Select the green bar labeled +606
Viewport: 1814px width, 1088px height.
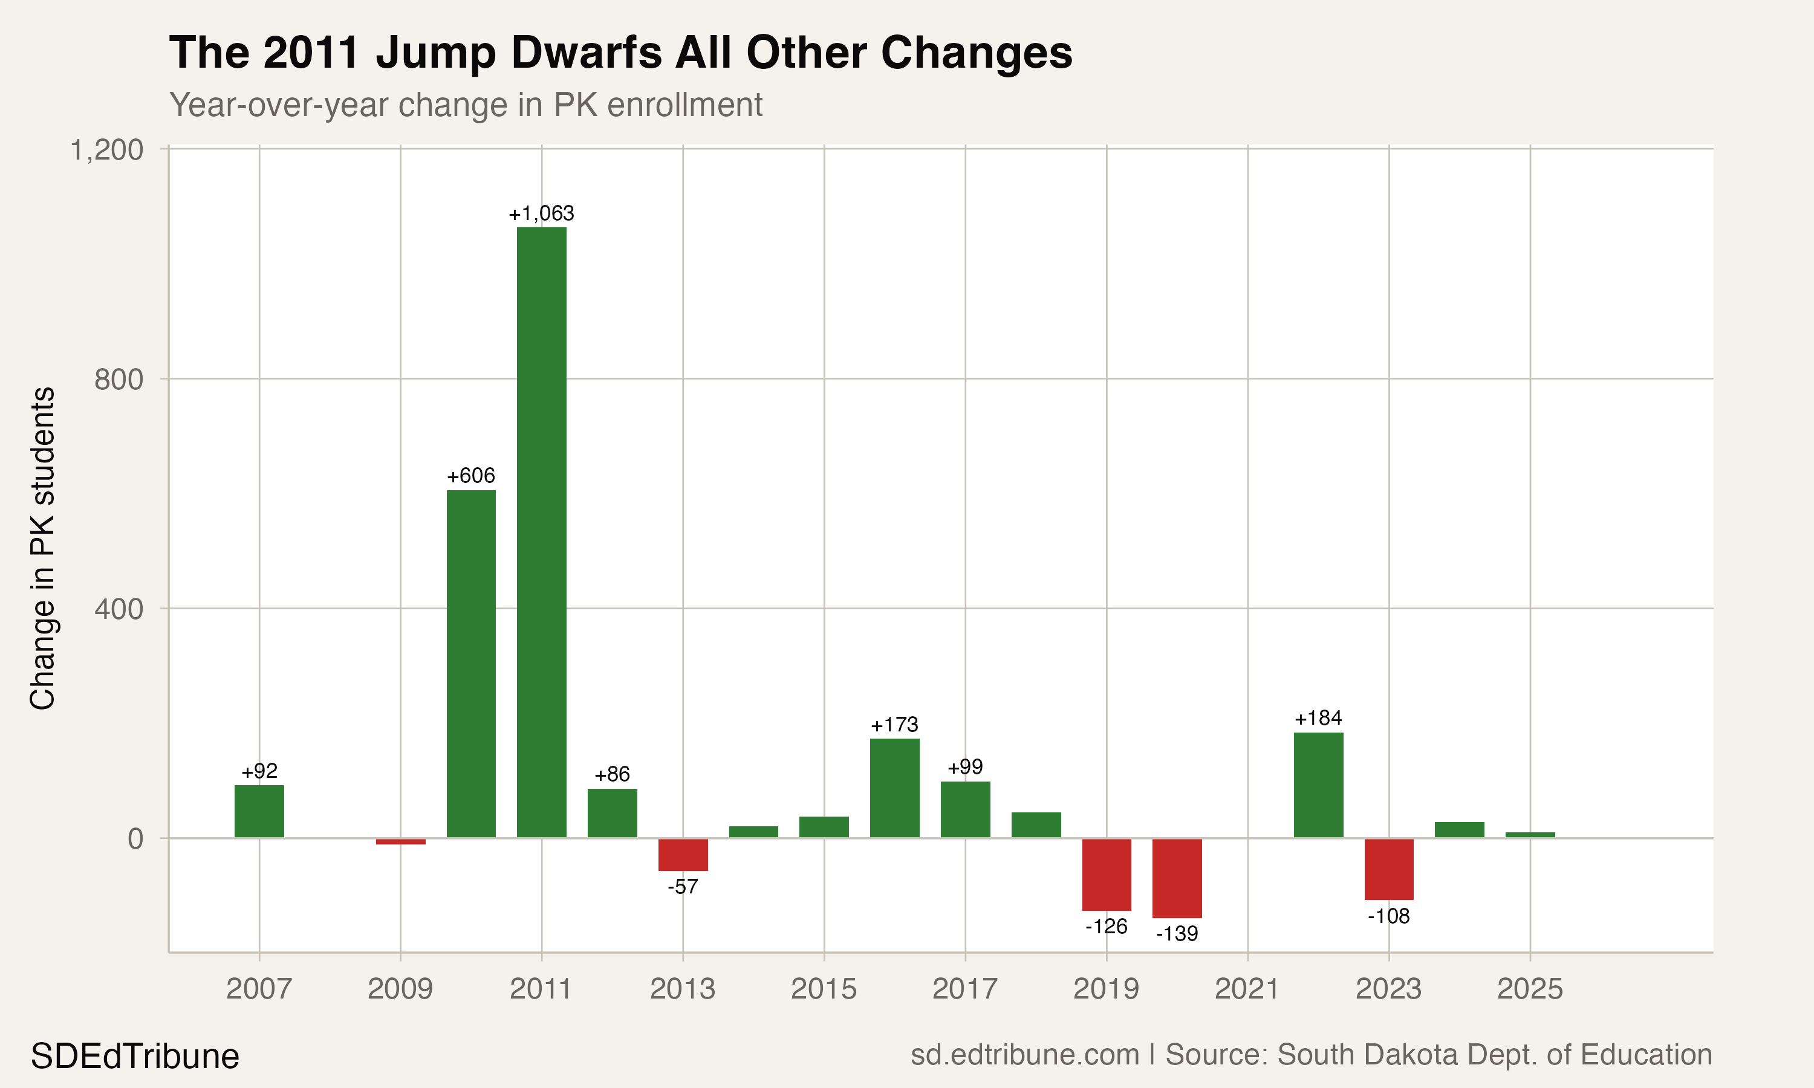coord(470,664)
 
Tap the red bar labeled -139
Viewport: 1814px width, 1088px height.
coord(1177,878)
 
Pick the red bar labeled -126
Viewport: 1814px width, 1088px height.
coord(1107,874)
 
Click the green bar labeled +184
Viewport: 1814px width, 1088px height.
coord(1318,785)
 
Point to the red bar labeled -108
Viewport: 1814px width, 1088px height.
coord(1389,869)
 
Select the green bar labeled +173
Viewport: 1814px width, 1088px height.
coord(894,788)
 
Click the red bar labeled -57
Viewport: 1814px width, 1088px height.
coord(683,854)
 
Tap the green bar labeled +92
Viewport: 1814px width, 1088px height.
coord(259,811)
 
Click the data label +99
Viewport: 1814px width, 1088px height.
coord(965,767)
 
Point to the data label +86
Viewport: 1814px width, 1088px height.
coord(611,774)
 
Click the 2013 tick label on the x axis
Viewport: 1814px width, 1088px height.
coord(683,989)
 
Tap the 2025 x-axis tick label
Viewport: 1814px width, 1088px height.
coord(1530,989)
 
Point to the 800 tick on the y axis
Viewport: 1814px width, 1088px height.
coord(119,379)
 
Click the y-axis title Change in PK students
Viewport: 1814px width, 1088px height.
coord(42,548)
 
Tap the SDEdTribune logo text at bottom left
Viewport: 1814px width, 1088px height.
coord(135,1057)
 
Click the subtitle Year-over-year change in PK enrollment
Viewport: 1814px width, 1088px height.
coord(466,105)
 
